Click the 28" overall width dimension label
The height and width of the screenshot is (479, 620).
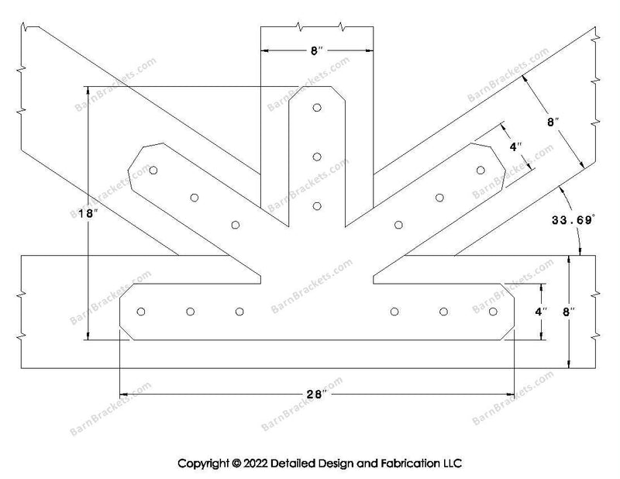pos(317,394)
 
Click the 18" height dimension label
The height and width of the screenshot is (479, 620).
pos(88,214)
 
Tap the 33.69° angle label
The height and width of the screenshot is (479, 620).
pos(573,220)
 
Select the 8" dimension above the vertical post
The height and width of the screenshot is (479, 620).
pos(317,50)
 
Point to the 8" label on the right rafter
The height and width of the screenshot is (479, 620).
pos(553,122)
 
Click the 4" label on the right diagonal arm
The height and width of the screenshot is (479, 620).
pos(515,147)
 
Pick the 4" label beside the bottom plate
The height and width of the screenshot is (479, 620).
pos(541,312)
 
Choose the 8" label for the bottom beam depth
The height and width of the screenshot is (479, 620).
pos(569,312)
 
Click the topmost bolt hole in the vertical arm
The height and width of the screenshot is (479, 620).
pos(317,108)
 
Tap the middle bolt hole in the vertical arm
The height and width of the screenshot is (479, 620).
pos(317,157)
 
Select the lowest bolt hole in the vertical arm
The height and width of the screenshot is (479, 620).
pos(317,206)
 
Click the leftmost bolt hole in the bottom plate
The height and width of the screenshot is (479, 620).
pos(141,312)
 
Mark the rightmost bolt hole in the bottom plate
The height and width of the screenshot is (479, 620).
pos(493,312)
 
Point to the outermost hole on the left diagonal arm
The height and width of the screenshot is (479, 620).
pos(153,170)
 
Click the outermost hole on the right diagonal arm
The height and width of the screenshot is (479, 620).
pos(480,170)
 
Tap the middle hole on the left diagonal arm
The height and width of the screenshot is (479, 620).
pos(195,198)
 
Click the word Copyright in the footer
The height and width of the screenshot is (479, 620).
pos(203,463)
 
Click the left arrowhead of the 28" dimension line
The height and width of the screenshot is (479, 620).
pos(123,395)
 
